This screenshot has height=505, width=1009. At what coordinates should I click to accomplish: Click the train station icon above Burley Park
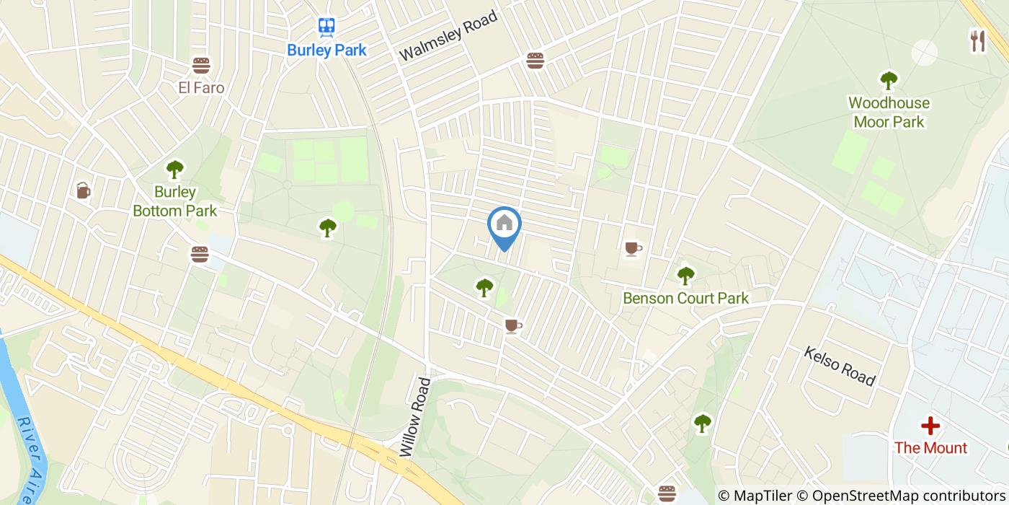click(326, 27)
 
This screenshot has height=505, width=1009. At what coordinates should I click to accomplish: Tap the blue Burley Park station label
click(326, 50)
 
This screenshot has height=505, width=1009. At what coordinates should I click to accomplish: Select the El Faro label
click(201, 88)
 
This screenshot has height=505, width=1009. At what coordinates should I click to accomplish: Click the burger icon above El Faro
click(201, 66)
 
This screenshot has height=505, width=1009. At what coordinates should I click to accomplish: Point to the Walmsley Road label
click(448, 35)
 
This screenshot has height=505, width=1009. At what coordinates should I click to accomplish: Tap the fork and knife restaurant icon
click(977, 41)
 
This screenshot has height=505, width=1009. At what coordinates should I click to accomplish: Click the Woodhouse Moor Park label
click(889, 113)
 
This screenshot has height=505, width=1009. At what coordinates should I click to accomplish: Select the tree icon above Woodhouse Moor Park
click(889, 80)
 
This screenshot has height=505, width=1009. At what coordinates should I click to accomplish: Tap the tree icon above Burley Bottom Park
click(174, 170)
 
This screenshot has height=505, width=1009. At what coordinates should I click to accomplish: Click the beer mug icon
click(84, 190)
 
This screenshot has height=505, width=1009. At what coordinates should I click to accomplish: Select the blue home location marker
click(504, 224)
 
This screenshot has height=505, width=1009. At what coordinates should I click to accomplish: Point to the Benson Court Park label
click(685, 298)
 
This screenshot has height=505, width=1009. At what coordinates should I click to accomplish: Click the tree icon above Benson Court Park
click(685, 274)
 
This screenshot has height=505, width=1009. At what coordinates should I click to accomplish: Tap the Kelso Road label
click(840, 366)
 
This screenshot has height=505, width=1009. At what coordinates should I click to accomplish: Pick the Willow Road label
click(414, 417)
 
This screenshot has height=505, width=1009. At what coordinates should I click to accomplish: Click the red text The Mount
click(930, 448)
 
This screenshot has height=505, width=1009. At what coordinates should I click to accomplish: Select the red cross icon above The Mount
click(930, 426)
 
